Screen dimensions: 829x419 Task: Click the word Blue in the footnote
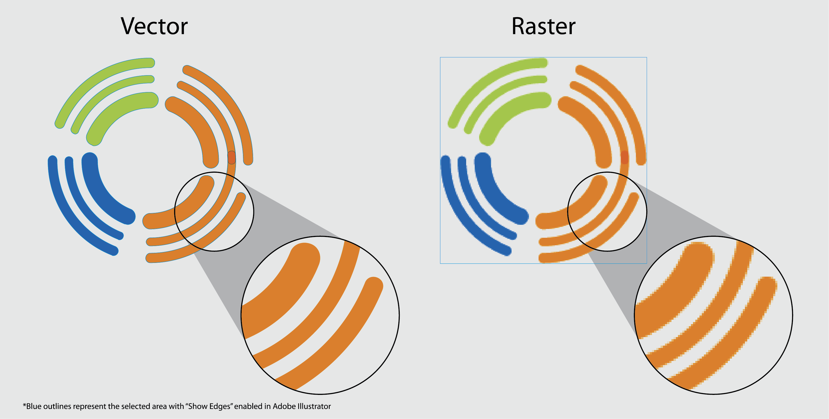click(x=33, y=407)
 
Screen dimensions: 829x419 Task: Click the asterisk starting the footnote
click(x=24, y=404)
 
